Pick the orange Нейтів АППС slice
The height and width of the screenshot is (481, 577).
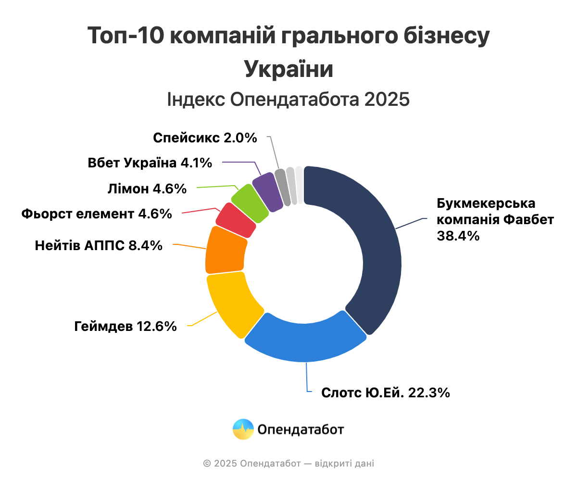[225, 250]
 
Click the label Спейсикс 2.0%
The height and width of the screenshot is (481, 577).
[205, 138]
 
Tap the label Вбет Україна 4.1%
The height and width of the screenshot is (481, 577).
[150, 163]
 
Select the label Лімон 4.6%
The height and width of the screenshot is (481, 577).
[147, 189]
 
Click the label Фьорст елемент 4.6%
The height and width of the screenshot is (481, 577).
[97, 214]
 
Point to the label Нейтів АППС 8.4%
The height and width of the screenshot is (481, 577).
[99, 246]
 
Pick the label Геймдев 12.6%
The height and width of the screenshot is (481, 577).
[125, 327]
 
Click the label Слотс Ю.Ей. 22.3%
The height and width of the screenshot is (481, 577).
[386, 392]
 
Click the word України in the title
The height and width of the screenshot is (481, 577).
[288, 68]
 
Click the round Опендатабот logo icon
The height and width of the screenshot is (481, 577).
[243, 429]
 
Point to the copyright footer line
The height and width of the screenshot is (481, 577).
[288, 464]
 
